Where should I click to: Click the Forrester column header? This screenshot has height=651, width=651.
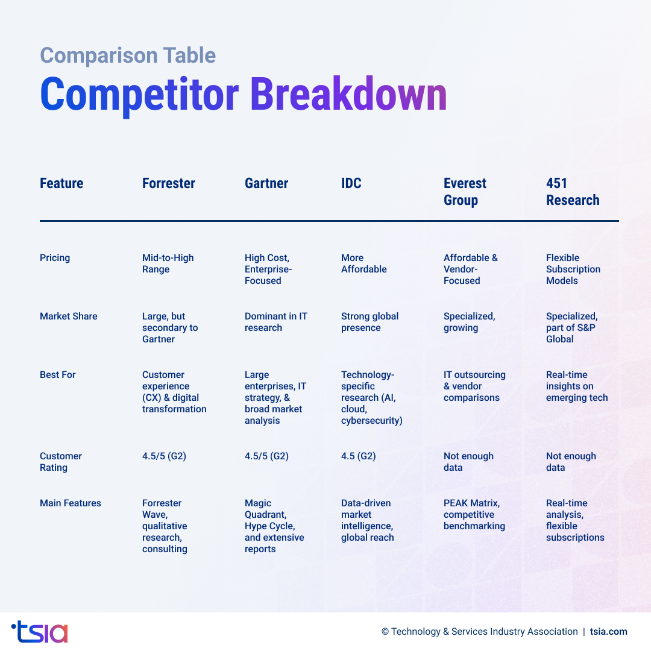point(169,183)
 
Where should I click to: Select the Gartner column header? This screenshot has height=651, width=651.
point(266,183)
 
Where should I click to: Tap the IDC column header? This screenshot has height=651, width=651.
point(351,183)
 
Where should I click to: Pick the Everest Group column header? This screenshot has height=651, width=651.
point(465,192)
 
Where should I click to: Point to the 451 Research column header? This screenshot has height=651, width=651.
point(573,192)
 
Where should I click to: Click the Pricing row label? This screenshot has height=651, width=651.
point(55,258)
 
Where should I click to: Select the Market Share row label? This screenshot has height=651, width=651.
point(68,316)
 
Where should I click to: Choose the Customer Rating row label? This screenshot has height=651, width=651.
point(60,462)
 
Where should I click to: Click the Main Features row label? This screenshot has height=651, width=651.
point(70,503)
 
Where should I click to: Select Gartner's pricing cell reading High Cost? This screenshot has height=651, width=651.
point(268,269)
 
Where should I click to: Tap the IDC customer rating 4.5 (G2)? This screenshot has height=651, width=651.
point(358,456)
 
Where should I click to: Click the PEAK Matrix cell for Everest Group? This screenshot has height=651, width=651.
point(474,514)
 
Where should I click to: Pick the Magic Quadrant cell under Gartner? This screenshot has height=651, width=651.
point(274,526)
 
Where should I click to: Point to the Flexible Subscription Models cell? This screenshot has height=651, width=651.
point(573,269)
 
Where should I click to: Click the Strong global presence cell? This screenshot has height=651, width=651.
point(370,322)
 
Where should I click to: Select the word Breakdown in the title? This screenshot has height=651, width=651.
point(348,95)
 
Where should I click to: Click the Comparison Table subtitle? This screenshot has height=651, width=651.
point(128,55)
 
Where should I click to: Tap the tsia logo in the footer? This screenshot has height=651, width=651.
point(40,632)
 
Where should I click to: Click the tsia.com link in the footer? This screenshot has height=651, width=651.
point(608,632)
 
